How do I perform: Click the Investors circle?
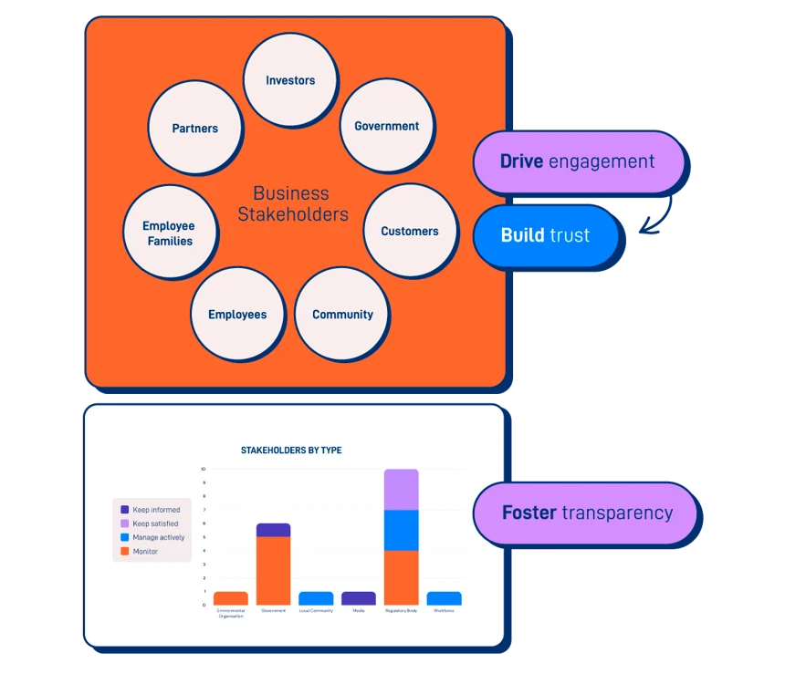290,80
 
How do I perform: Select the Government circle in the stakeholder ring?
386,126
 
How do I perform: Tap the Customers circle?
409,232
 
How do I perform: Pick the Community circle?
342,315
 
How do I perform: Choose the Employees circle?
237,315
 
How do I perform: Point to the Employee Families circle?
169,233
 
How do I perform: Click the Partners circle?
195,129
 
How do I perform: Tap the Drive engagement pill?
577,162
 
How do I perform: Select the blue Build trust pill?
545,235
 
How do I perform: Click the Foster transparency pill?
586,513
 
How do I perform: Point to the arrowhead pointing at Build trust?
643,233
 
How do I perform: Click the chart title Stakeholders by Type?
291,451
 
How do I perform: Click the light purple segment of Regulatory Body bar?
401,489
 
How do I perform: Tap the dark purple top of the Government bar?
273,530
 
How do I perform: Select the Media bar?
358,598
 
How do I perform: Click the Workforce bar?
444,598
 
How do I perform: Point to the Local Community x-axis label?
316,611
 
